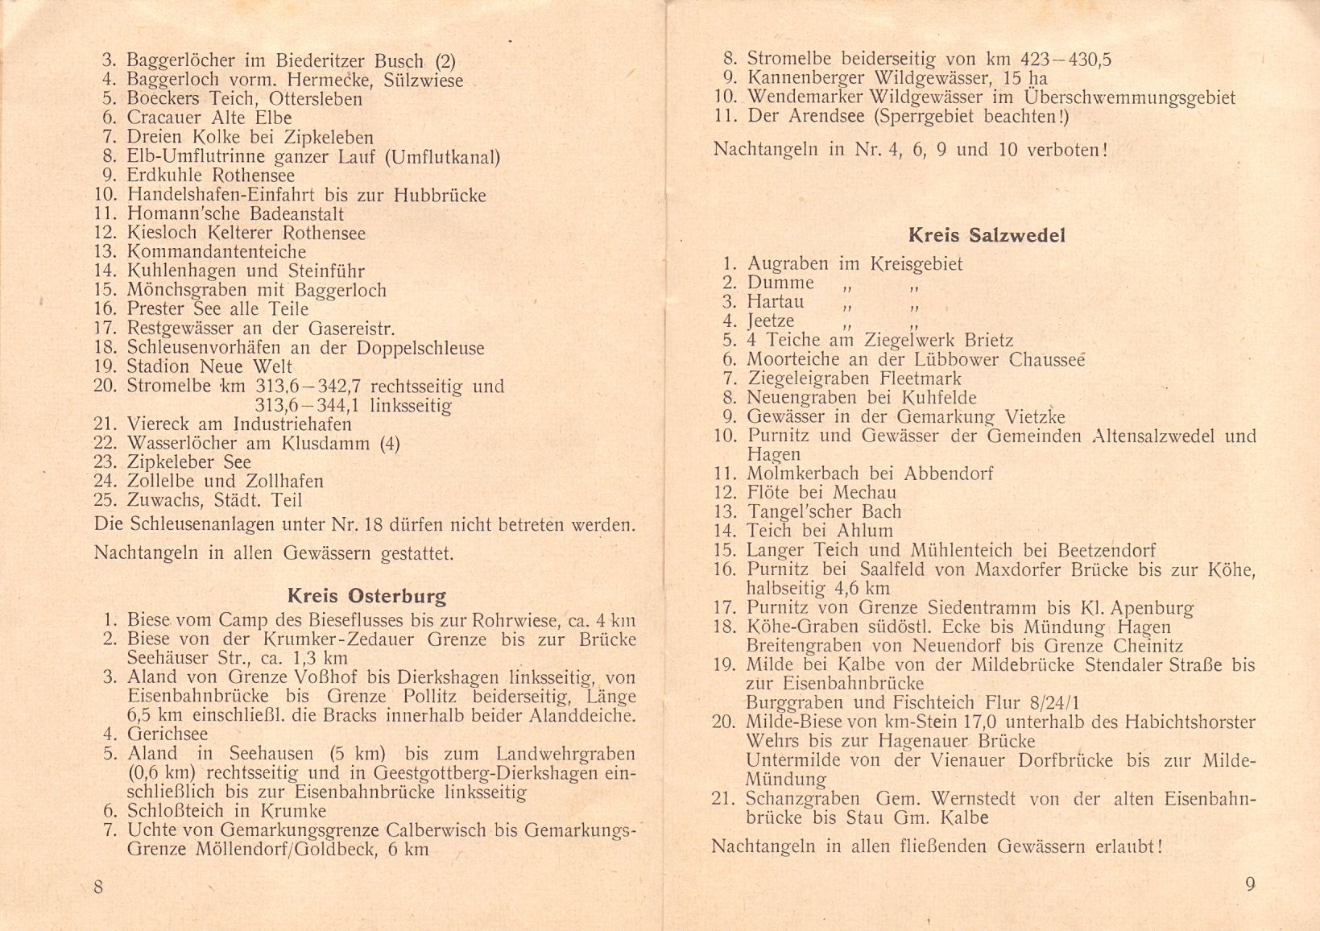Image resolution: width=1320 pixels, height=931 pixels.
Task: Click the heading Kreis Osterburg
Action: pyautogui.click(x=366, y=597)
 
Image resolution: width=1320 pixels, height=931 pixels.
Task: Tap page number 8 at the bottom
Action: pyautogui.click(x=98, y=887)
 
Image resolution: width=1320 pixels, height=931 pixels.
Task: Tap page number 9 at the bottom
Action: pyautogui.click(x=1250, y=884)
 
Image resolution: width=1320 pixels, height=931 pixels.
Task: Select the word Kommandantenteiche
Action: pyautogui.click(x=216, y=252)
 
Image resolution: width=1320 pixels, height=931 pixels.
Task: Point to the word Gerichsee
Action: pyautogui.click(x=167, y=734)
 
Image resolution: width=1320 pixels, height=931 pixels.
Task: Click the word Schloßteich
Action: pyautogui.click(x=176, y=811)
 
